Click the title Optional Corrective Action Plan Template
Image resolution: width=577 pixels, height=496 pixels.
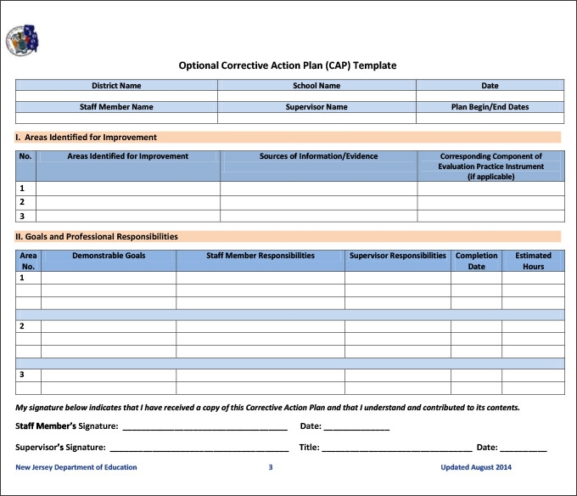287,65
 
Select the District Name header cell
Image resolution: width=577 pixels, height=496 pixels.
116,86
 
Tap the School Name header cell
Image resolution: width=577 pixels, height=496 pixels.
317,86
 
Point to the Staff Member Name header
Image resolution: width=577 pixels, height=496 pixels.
116,107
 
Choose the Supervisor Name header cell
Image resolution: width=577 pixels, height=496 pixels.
317,107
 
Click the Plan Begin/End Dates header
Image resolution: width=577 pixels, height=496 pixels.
490,107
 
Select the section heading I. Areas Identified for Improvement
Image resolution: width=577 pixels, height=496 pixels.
87,137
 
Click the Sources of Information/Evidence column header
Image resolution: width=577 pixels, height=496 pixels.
318,156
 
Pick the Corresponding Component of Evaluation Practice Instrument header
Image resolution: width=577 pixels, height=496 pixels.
490,166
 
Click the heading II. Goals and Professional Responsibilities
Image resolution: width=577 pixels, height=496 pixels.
97,236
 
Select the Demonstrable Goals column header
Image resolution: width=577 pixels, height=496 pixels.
109,256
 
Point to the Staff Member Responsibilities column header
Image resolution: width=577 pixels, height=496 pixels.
260,256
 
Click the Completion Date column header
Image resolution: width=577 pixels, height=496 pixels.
476,261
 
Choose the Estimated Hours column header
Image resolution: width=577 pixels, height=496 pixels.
533,261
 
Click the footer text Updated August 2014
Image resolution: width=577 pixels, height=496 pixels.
476,467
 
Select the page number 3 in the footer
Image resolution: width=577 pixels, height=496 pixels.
271,467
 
